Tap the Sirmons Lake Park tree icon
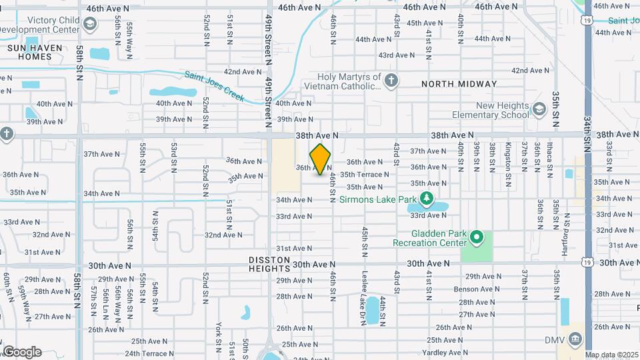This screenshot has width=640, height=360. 427,199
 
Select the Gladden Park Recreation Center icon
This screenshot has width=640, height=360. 476,237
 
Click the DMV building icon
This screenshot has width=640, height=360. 573,340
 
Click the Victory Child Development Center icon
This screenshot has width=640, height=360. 91,26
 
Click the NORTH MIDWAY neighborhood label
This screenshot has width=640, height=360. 459,84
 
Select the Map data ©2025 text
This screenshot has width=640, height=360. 611,355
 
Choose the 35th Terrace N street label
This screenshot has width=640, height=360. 364,174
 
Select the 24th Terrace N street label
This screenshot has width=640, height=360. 150,353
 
